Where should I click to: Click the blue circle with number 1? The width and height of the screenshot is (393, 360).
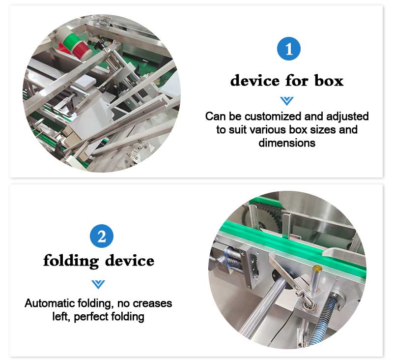[x=289, y=49]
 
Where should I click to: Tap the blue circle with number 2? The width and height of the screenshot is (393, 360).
[x=102, y=236]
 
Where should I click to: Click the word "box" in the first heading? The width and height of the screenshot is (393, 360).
[x=329, y=81]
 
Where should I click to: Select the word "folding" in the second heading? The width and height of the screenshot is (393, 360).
[x=71, y=261]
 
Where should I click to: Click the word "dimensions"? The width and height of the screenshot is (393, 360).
[x=287, y=143]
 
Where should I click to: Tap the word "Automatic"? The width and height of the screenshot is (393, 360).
[x=50, y=303]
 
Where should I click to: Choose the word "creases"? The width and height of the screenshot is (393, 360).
[x=152, y=303]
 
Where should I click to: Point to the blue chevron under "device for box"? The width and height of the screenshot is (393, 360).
[x=287, y=101]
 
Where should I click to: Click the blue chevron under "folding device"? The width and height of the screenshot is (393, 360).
[x=98, y=284]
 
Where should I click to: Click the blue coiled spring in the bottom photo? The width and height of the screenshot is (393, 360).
[x=324, y=319]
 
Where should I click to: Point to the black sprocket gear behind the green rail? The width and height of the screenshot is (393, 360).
[x=266, y=216]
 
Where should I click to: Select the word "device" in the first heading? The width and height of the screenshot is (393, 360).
[x=255, y=81]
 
